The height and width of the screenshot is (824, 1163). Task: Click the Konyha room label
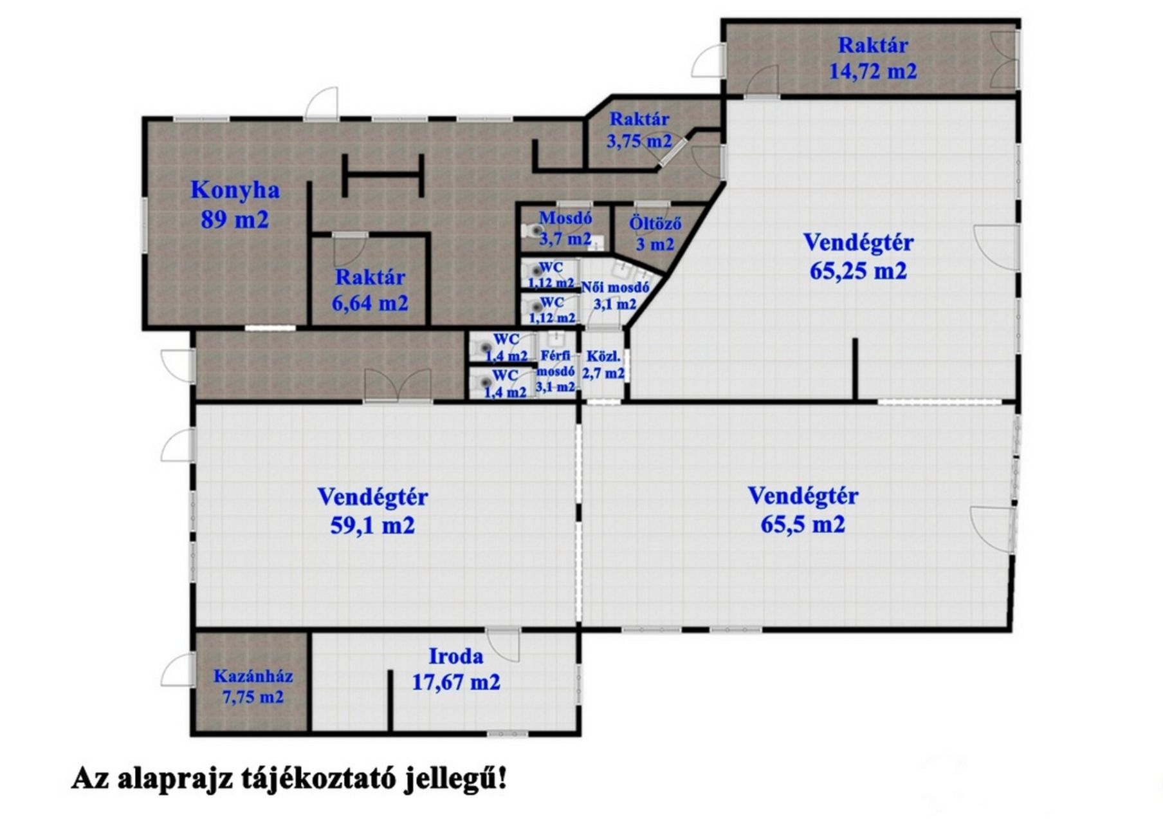tap(235, 191)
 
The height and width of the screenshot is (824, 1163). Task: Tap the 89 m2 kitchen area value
tap(235, 220)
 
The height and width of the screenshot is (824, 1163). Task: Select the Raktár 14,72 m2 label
tap(873, 58)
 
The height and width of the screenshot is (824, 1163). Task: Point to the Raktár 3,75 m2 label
tap(639, 129)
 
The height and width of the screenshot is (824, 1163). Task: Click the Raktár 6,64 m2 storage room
tap(370, 290)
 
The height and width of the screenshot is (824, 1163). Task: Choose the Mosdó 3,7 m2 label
tap(565, 228)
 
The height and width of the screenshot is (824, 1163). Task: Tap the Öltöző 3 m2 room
tap(655, 234)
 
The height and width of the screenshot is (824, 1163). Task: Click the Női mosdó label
tap(616, 288)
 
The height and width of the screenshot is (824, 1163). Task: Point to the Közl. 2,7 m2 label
tap(603, 364)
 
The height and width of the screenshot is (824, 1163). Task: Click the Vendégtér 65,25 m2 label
tap(858, 256)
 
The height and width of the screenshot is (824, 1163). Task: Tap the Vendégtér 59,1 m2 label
tap(372, 511)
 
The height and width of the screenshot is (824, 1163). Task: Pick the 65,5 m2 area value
tap(803, 524)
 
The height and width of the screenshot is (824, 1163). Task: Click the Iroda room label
tap(456, 656)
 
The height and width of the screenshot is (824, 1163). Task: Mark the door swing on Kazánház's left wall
tap(178, 669)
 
